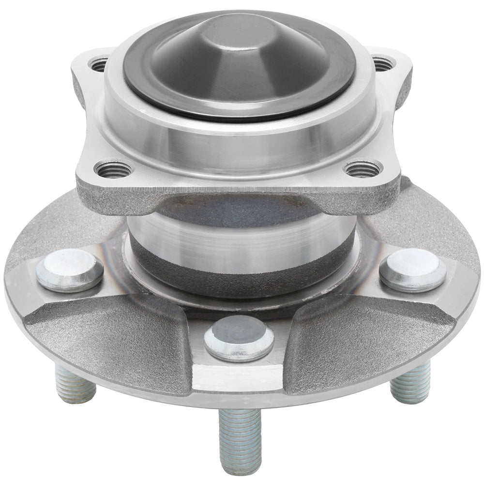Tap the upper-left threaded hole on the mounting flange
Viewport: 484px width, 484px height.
tap(99, 64)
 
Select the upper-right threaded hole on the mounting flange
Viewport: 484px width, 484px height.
tap(383, 63)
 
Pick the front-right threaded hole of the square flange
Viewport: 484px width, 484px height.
tap(363, 168)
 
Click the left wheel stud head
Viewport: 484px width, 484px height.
tap(69, 269)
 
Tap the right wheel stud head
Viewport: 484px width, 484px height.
tap(412, 269)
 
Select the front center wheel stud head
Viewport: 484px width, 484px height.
tap(239, 338)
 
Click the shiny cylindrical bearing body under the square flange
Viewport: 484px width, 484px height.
tap(242, 240)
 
